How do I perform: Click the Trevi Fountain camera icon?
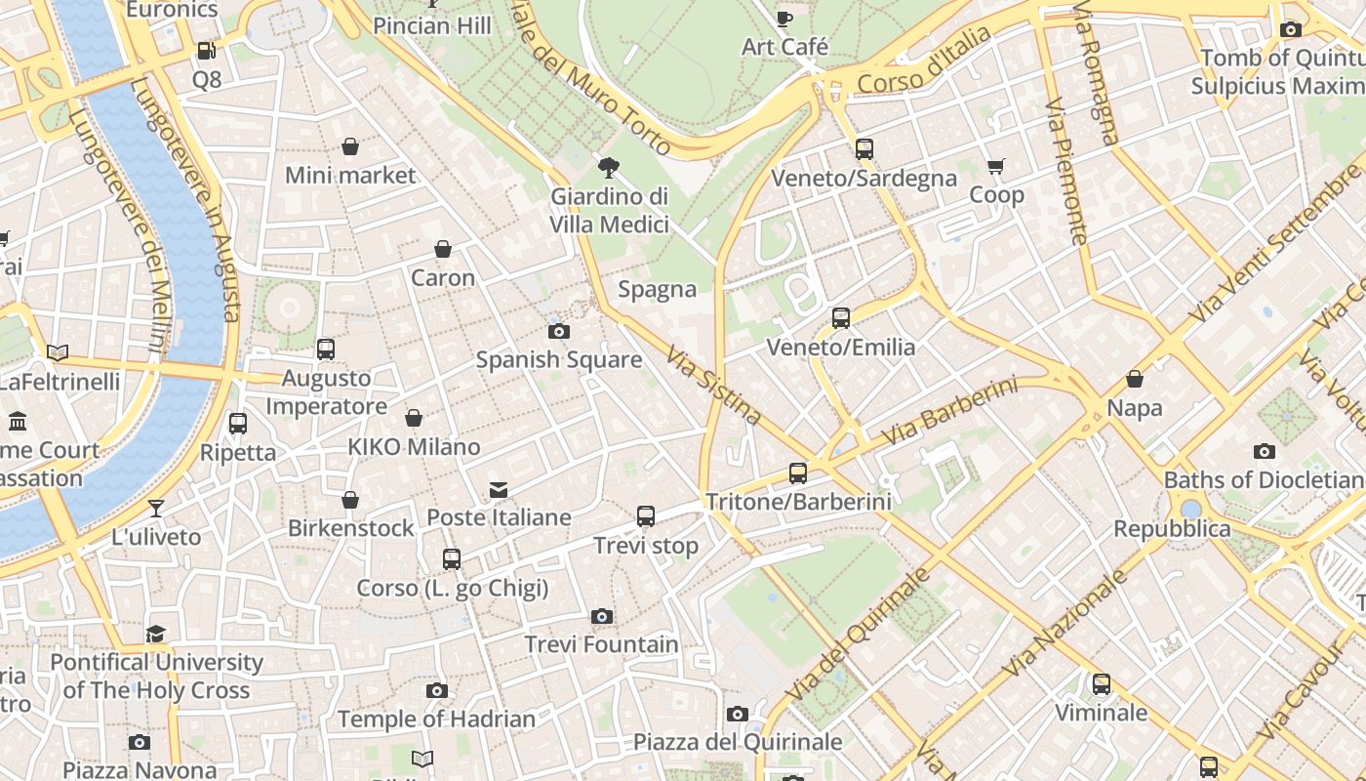(602, 616)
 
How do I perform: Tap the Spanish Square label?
(559, 359)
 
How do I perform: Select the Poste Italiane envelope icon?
(499, 489)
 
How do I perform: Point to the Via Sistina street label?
(714, 386)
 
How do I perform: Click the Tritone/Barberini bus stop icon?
(798, 473)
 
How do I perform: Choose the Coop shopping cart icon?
(996, 167)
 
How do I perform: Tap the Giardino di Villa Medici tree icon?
(610, 167)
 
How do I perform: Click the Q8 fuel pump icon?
(206, 51)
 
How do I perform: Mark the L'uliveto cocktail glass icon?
(155, 508)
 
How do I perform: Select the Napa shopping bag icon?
(1135, 379)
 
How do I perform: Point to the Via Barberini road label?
(948, 412)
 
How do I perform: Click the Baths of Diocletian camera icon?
(1265, 451)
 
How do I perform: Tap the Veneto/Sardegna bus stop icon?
(864, 149)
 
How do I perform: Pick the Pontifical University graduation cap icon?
(156, 635)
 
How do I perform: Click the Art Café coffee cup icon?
(783, 19)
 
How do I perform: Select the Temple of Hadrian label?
(437, 719)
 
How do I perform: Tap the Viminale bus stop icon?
(1102, 684)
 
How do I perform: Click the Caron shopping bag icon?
(443, 249)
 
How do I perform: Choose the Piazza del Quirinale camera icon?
(738, 714)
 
